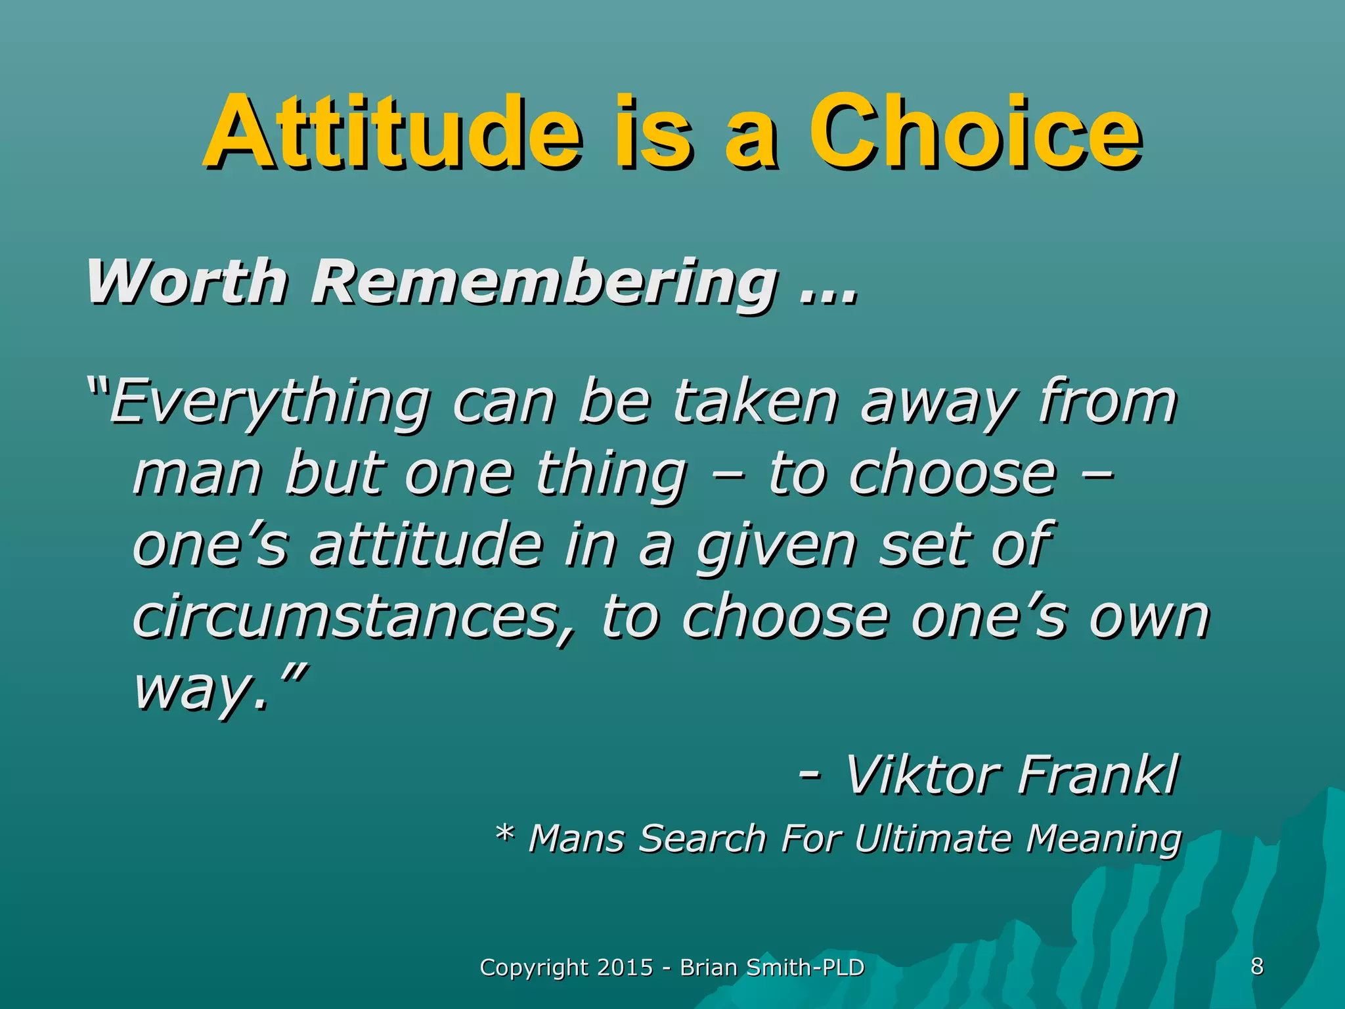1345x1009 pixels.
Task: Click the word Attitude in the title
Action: coord(392,131)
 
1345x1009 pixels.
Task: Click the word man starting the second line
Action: coord(197,474)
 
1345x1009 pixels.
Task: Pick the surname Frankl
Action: coord(1098,775)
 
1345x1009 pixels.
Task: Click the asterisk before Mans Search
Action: coord(504,836)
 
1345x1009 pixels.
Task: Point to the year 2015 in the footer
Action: coord(625,968)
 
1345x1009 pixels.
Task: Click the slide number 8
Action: coord(1257,966)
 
